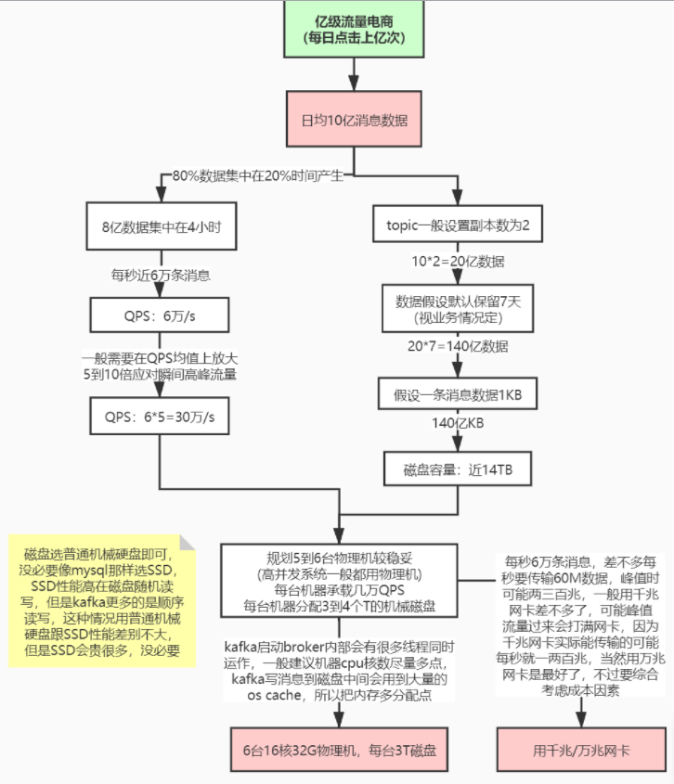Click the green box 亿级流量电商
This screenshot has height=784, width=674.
coord(352,30)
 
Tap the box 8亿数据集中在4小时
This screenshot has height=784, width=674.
coord(160,225)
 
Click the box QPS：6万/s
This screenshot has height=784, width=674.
coord(160,316)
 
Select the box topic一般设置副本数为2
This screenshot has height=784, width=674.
coord(457,225)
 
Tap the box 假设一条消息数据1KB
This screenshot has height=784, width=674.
coord(457,395)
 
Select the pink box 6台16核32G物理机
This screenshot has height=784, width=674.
coord(338,751)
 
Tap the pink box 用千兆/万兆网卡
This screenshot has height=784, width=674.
coord(583,751)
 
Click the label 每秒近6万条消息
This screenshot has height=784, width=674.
coord(160,275)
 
